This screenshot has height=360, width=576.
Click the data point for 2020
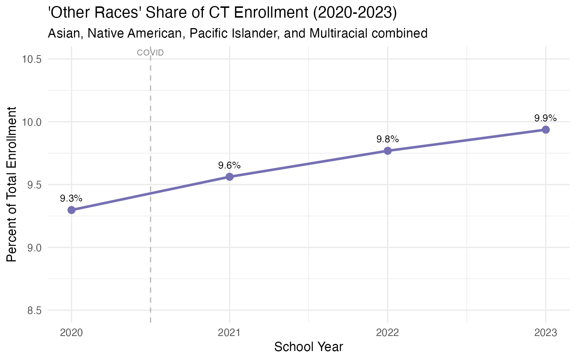[71, 210]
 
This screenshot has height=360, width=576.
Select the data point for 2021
[229, 177]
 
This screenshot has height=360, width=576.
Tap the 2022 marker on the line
[388, 151]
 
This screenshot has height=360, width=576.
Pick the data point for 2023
[546, 130]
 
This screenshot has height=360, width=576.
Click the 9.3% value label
[71, 198]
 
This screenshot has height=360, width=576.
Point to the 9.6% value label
[229, 165]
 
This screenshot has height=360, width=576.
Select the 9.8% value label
[388, 139]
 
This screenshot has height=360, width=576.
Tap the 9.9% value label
[545, 118]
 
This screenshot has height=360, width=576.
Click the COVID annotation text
[150, 53]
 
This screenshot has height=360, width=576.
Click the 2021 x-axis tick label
[229, 333]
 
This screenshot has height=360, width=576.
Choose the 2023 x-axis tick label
[546, 333]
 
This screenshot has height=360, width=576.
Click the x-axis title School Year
[309, 347]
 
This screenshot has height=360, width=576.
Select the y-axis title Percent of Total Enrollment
[12, 184]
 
